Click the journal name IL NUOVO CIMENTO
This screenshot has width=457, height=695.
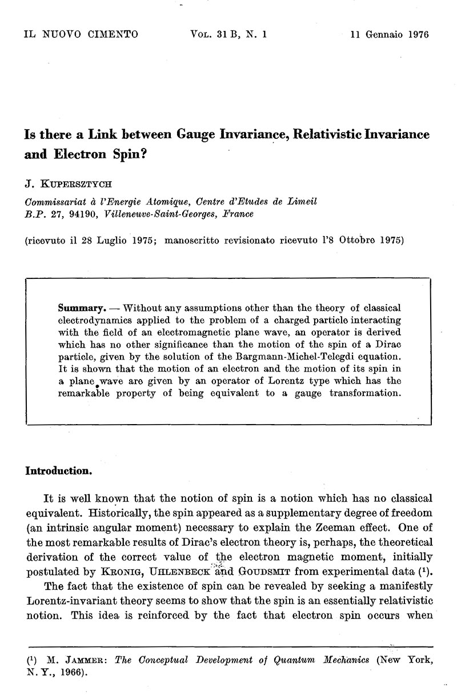point(81,34)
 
